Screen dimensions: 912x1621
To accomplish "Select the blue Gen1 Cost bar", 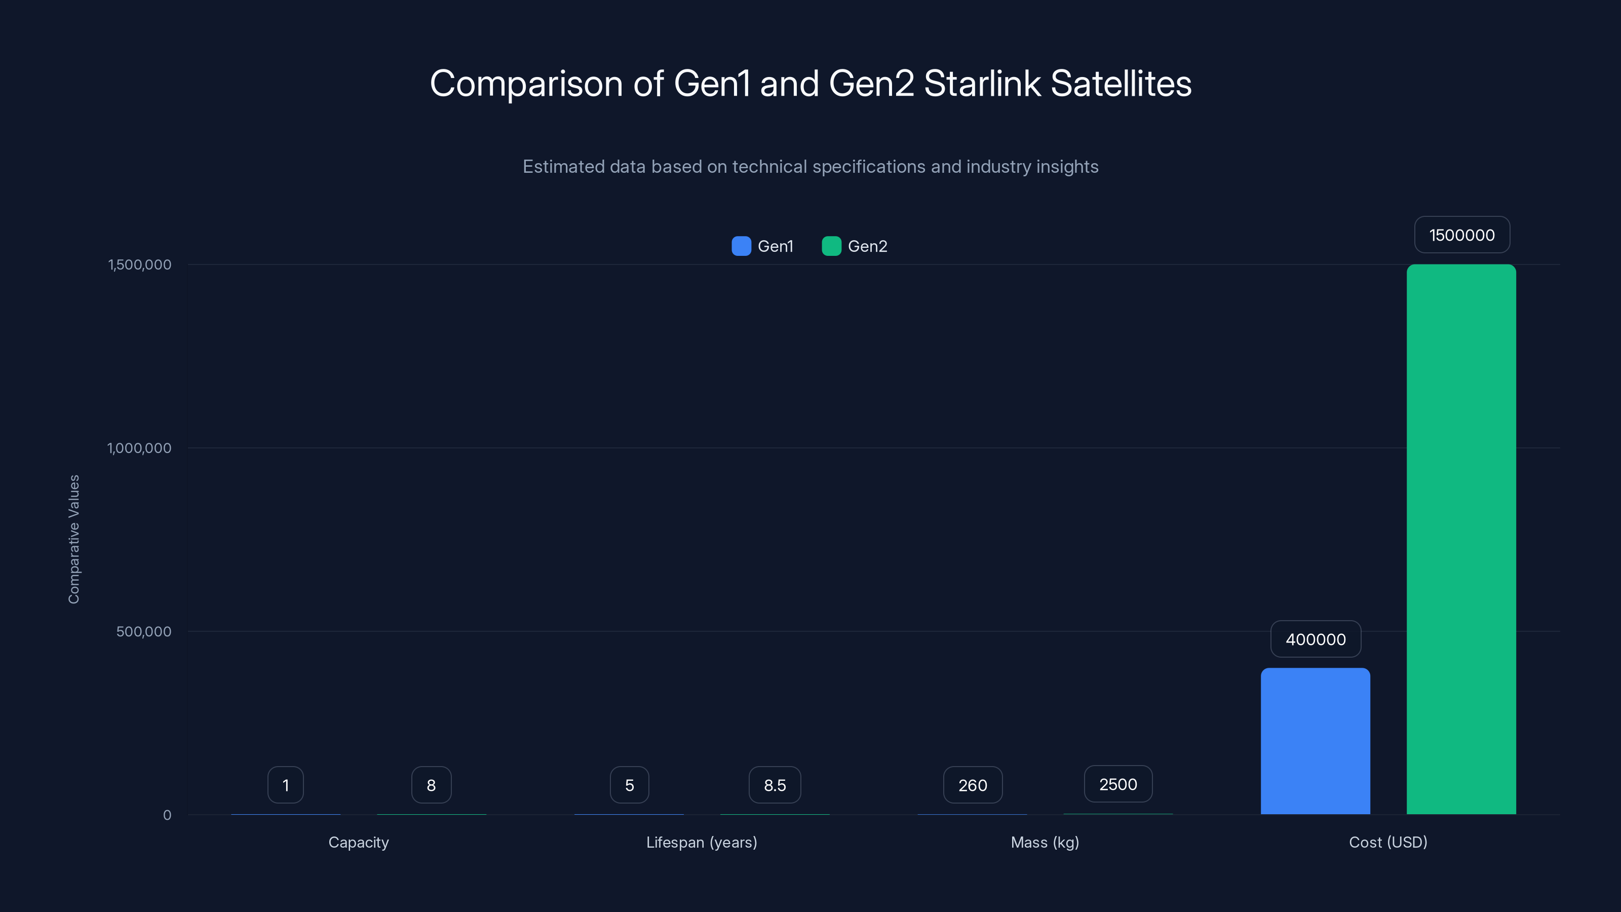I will click(x=1315, y=741).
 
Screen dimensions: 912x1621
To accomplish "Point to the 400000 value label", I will click(x=1315, y=639).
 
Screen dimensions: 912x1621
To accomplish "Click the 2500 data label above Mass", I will click(x=1117, y=784).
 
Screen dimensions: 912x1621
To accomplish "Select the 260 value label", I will click(x=972, y=785).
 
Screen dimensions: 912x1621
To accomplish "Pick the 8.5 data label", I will click(x=775, y=785).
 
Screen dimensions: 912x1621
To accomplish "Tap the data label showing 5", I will click(x=629, y=785).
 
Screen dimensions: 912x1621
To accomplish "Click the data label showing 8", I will click(x=431, y=785).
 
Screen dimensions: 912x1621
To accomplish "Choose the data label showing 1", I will click(x=286, y=785).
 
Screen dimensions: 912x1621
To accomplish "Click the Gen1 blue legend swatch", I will click(x=741, y=246).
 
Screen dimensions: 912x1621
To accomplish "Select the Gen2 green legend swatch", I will click(x=831, y=246).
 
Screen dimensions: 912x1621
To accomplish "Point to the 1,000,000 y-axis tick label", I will click(x=139, y=448).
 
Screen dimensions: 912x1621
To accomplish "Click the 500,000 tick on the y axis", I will click(x=143, y=631).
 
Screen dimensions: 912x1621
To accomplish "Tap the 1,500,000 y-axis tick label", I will click(x=140, y=264).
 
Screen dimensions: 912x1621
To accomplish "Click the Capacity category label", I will click(x=359, y=842).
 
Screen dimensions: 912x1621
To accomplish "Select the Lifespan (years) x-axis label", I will click(x=702, y=842).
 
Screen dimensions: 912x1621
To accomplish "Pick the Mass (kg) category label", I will click(x=1045, y=842).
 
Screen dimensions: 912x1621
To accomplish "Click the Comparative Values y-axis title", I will click(x=73, y=540).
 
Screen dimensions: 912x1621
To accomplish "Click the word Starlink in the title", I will click(x=982, y=84).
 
